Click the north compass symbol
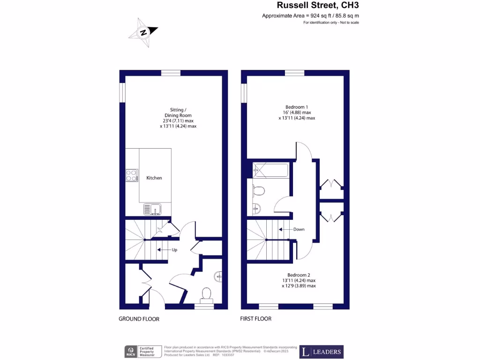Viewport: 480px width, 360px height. [x=143, y=32]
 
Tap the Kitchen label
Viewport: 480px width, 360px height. [x=154, y=178]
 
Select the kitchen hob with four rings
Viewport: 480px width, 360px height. [x=132, y=175]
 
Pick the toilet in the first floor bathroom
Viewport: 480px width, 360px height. [x=258, y=190]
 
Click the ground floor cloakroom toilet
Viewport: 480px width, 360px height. [x=205, y=294]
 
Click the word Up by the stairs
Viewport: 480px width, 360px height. [x=174, y=250]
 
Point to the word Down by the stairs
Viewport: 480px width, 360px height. [x=299, y=230]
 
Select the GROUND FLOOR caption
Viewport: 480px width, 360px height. [x=139, y=319]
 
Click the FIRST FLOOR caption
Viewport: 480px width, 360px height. [x=256, y=319]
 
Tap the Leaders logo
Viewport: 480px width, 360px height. [x=322, y=352]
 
